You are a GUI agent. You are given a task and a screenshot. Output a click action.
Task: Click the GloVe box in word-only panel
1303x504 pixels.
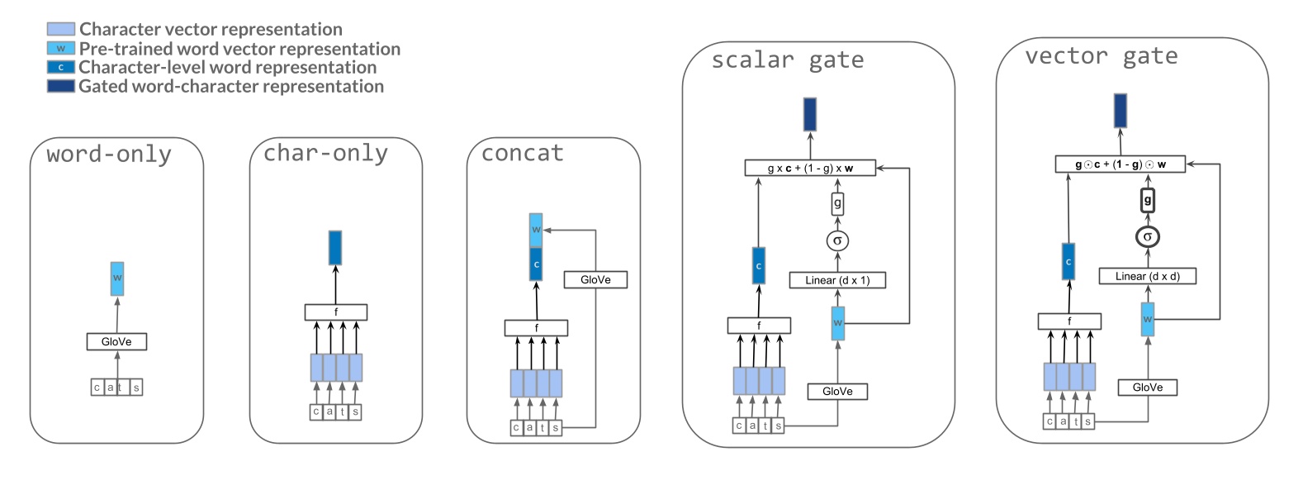pos(116,341)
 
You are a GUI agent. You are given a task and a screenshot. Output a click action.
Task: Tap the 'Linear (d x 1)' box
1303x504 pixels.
pos(837,280)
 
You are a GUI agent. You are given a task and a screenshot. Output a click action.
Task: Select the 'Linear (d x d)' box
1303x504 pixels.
pos(1147,276)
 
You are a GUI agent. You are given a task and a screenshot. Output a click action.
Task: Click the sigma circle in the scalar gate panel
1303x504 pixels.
pos(837,240)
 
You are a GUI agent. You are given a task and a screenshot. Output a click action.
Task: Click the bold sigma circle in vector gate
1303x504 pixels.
pos(1147,237)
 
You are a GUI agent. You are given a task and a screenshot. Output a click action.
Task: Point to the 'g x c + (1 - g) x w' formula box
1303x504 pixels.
pos(809,168)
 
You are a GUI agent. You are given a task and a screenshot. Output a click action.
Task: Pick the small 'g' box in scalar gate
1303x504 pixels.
pos(837,203)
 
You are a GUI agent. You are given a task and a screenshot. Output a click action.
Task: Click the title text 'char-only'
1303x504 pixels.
pos(325,154)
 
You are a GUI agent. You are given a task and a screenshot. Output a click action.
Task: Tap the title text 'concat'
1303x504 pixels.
pos(522,154)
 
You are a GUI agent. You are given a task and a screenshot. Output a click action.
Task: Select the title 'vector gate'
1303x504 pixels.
pos(1101,56)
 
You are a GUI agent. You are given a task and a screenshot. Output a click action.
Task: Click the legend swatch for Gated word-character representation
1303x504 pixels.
pos(61,86)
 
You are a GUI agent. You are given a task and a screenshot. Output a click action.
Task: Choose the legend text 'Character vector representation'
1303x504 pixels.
pos(211,29)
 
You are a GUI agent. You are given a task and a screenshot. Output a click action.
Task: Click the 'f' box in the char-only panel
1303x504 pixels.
pos(335,312)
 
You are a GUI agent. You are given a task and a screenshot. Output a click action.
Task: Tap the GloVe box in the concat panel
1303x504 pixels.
pos(595,280)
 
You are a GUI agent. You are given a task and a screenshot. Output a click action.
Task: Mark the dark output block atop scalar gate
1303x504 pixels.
pos(810,114)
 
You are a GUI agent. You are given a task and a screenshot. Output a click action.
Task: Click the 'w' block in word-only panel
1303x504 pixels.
pos(117,278)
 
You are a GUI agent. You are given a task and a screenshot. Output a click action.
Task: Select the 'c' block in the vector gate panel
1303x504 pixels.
pos(1068,262)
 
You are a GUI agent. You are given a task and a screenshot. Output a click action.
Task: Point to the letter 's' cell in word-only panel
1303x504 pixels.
pos(136,388)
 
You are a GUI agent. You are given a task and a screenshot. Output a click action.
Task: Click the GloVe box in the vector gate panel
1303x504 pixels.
pos(1147,388)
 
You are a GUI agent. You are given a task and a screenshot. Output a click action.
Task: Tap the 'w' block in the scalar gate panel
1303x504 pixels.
pos(837,323)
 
